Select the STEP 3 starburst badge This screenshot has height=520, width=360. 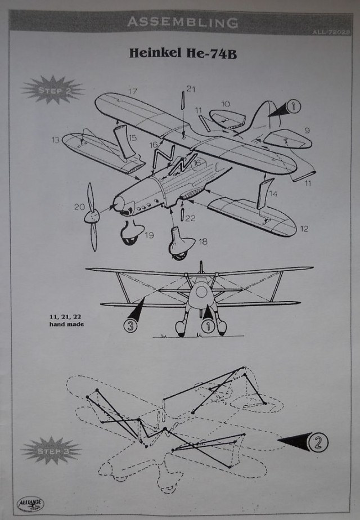(x=52, y=451)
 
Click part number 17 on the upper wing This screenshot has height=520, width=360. (x=133, y=91)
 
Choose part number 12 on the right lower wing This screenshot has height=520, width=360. (x=304, y=229)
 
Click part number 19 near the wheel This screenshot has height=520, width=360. (x=149, y=236)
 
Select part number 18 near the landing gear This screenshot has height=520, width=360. (x=202, y=241)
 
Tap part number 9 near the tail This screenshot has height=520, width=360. (x=307, y=131)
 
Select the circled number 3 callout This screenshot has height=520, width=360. (x=130, y=325)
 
